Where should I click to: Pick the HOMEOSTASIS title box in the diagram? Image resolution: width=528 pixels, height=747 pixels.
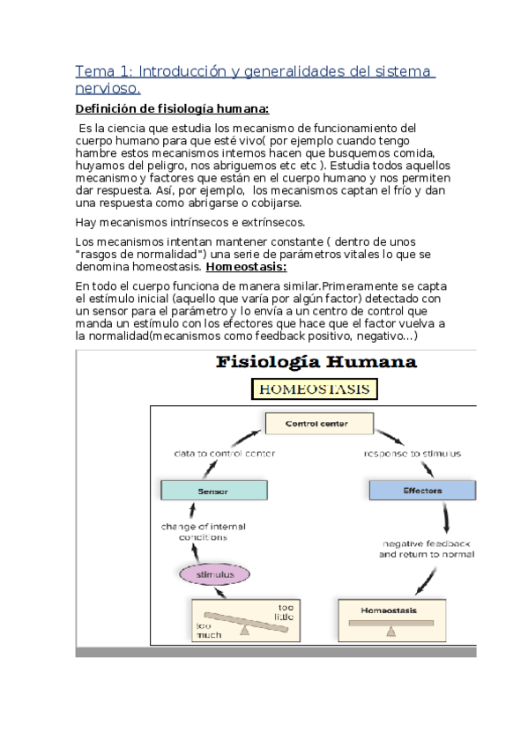click(316, 389)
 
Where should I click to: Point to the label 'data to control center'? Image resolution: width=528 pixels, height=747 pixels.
click(224, 453)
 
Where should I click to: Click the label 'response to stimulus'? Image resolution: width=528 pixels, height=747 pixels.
click(412, 453)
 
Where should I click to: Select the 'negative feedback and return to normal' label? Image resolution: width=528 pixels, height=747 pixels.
click(427, 549)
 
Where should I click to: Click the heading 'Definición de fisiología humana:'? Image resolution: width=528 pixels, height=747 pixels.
click(172, 108)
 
